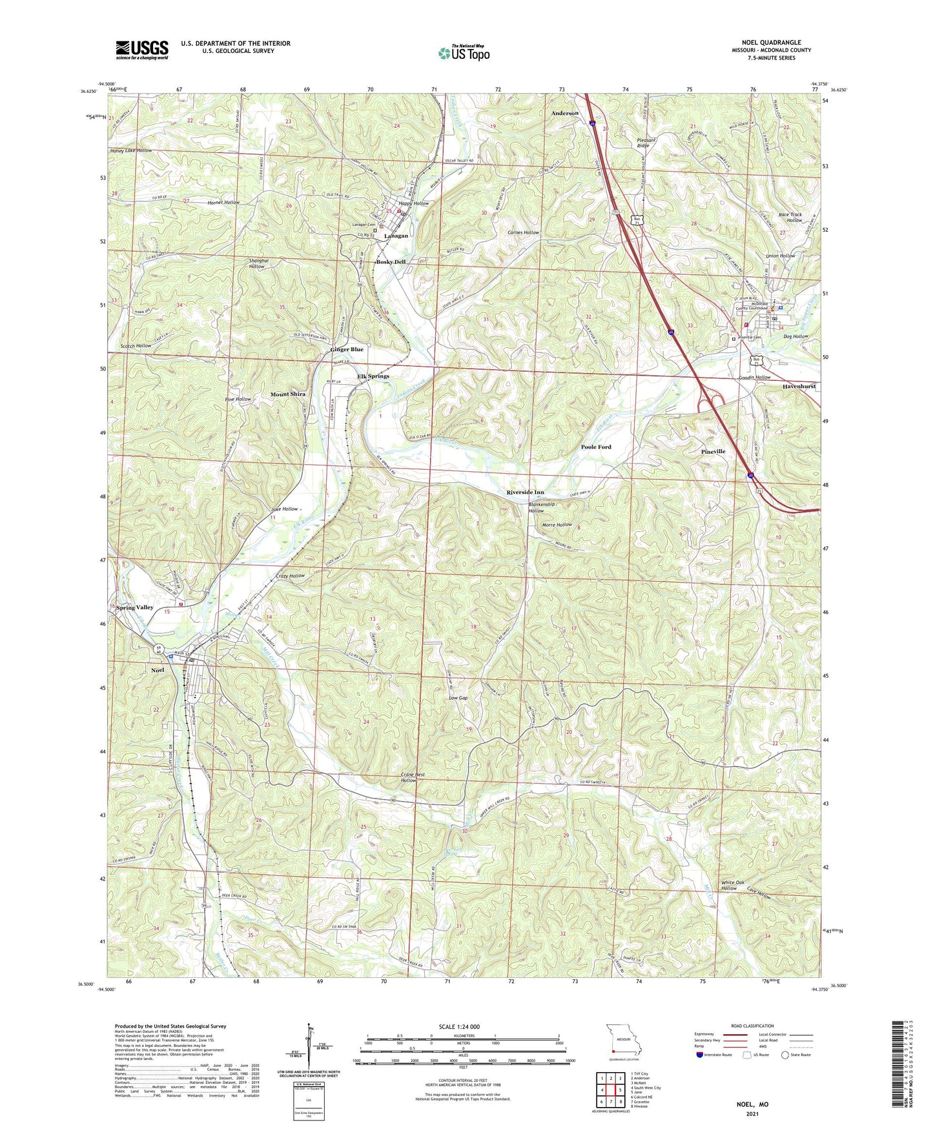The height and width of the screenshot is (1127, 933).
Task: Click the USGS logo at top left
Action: [142, 50]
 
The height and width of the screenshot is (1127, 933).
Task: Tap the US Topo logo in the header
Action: [464, 54]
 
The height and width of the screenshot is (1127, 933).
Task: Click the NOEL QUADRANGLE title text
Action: [772, 43]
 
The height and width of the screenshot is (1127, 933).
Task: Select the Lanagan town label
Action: [396, 236]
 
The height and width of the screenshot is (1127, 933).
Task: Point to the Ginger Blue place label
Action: [347, 349]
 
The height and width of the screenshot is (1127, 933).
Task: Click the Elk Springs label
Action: [373, 376]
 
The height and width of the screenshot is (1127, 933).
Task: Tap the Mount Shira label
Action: [287, 394]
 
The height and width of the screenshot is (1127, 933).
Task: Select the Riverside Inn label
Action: [525, 492]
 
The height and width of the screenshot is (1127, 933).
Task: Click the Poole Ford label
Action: [595, 447]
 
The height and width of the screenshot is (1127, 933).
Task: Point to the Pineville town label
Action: [713, 451]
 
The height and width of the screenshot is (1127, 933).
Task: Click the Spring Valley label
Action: [136, 607]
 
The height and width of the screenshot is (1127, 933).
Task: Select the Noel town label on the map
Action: [158, 670]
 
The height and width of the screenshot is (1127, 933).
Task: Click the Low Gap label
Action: [458, 698]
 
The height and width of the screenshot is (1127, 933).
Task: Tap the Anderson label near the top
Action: [565, 113]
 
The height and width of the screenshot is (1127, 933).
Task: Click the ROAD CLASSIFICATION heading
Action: [753, 1026]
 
